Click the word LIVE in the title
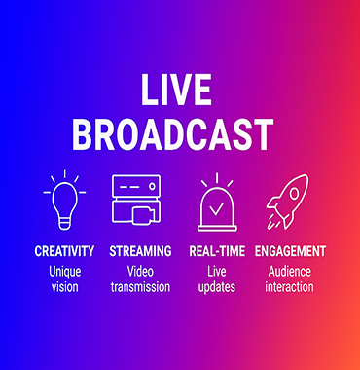pos(176,90)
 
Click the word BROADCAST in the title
pos(172,134)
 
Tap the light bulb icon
pos(64,200)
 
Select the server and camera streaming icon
pos(136,200)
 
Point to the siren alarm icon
pos(217,203)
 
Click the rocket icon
pos(288,202)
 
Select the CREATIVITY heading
pos(64,251)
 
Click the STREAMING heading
pos(140,251)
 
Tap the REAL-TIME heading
pos(217,251)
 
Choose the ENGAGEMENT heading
pos(290,251)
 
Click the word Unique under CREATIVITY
pos(65,272)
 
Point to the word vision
pos(65,287)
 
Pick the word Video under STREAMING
pos(140,271)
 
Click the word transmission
pos(140,287)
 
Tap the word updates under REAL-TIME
pos(217,287)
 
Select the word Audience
pos(290,271)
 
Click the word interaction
pos(290,287)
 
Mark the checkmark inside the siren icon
pos(216,208)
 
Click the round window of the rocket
pos(294,194)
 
